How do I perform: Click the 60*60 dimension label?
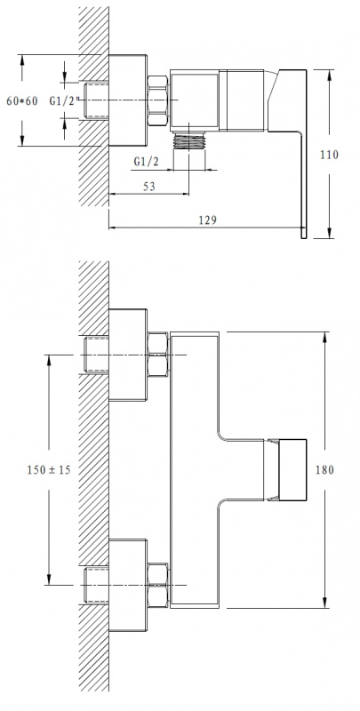tap(21, 100)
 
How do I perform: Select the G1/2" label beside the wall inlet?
tap(65, 101)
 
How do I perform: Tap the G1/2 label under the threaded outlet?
tap(147, 162)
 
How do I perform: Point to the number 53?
tap(149, 187)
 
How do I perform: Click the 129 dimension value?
tap(208, 220)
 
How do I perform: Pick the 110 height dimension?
tap(329, 155)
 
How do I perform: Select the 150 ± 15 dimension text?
tap(49, 470)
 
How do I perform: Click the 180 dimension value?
tap(324, 470)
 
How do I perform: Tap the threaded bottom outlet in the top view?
tap(189, 140)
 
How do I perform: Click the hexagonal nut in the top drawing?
tap(158, 100)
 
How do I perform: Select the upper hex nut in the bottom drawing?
tap(158, 354)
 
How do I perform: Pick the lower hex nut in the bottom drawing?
tap(158, 585)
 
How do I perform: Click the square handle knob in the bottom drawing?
tap(292, 470)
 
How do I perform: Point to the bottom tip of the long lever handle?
tap(303, 237)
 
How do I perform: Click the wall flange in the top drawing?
tap(128, 100)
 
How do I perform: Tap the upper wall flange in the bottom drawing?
tap(128, 355)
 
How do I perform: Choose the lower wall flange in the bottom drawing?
tap(128, 585)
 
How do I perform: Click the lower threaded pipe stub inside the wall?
tap(96, 585)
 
